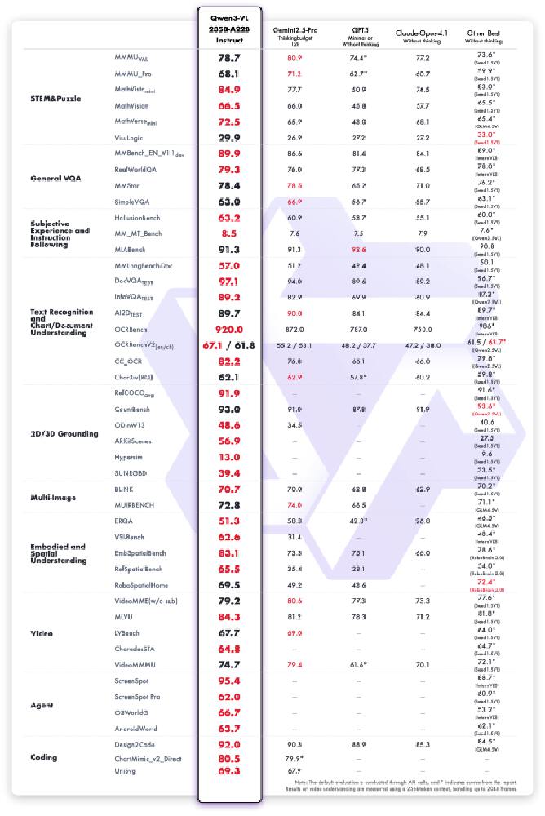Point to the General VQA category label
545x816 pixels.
pyautogui.click(x=55, y=178)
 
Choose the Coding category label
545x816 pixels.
pyautogui.click(x=44, y=757)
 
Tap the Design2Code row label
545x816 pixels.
pyautogui.click(x=135, y=744)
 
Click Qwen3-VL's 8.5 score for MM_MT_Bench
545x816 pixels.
pyautogui.click(x=229, y=233)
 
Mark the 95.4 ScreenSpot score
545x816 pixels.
pyautogui.click(x=229, y=680)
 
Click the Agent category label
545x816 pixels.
pyautogui.click(x=42, y=704)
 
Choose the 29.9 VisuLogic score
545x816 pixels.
pyautogui.click(x=229, y=137)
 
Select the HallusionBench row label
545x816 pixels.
pyautogui.click(x=141, y=218)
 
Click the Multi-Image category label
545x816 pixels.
pyautogui.click(x=54, y=496)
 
